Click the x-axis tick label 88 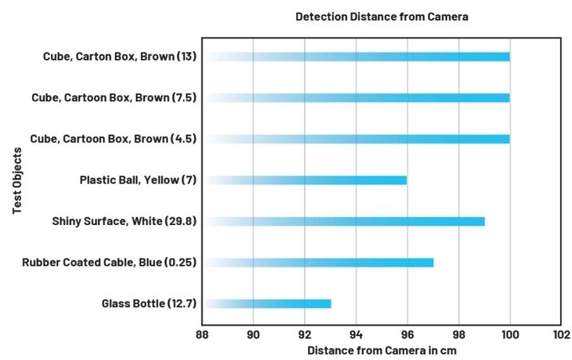click(202, 334)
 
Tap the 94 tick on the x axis click(356, 334)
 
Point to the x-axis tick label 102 click(561, 334)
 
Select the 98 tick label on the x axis click(459, 334)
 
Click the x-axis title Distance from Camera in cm click(381, 350)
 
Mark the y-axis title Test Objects click(17, 180)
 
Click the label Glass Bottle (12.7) click(149, 303)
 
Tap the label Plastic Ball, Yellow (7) click(138, 180)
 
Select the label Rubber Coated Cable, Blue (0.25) click(109, 262)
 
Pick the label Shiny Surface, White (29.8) click(124, 221)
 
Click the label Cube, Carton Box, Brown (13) click(120, 57)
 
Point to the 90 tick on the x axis click(253, 334)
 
